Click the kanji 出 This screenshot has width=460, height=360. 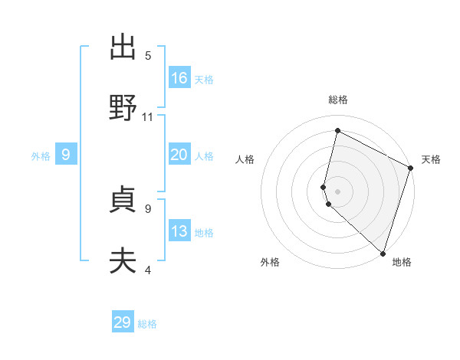pos(123,47)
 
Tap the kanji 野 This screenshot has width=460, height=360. pos(123,108)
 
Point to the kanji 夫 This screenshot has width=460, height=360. pos(123,261)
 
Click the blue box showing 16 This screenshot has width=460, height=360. pos(179,77)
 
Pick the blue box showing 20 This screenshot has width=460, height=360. pos(179,155)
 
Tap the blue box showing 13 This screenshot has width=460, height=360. pos(179,231)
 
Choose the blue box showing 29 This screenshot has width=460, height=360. pos(123,322)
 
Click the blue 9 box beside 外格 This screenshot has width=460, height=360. pos(66,155)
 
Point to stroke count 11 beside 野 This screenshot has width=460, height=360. pos(148,117)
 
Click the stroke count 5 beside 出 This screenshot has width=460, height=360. pos(148,56)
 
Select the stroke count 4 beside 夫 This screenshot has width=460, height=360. pos(148,270)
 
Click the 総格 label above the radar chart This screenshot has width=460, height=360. pos(338,100)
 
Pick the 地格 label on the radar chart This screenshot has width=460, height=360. pos(402,262)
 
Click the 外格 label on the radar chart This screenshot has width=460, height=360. pos(270,262)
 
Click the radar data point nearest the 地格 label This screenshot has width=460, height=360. pos(383,253)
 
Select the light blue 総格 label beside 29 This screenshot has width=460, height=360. pos(147,324)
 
